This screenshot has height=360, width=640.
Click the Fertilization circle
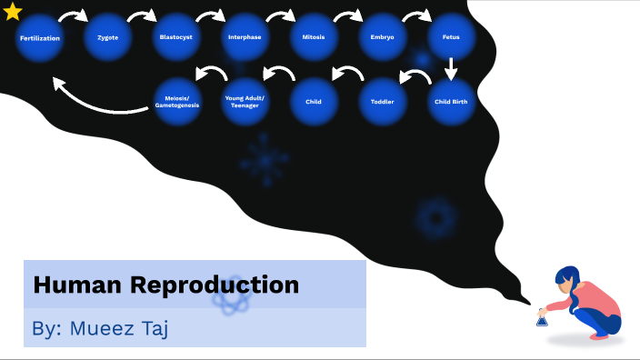39,38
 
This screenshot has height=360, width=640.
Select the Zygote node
107,38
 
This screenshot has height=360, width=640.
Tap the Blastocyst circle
175,38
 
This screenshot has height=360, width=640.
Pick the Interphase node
244,38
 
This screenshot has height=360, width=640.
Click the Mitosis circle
313,38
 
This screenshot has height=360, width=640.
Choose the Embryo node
382,38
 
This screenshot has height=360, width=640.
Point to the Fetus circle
451,38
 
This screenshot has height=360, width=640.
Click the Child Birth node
451,102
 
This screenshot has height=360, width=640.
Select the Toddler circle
382,102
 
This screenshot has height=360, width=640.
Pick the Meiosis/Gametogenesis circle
175,102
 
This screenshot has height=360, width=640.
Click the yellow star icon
13,12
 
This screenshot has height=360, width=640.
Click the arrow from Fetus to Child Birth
451,69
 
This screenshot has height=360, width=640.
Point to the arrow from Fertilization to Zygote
73,16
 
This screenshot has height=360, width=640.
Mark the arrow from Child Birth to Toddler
415,79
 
